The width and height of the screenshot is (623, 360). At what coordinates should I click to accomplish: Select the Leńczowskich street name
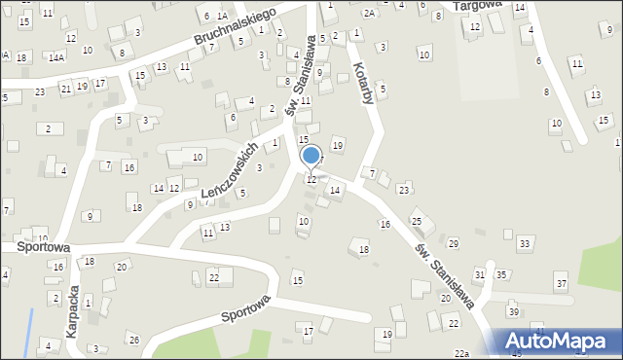pos(230,171)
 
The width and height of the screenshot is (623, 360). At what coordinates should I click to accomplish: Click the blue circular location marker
pos(311,156)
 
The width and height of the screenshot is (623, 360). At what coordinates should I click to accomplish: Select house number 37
pos(561,283)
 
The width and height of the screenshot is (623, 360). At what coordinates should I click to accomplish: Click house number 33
pos(525,242)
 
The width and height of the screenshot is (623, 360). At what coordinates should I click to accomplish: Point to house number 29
pos(453,243)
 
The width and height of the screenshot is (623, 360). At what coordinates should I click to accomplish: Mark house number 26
pos(134,340)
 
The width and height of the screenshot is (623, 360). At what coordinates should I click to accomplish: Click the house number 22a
pos(461,353)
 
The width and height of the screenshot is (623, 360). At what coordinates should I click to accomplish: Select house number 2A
pos(369,14)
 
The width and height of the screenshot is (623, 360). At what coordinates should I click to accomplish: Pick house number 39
pos(513,311)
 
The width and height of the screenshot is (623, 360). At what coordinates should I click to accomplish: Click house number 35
pos(501,275)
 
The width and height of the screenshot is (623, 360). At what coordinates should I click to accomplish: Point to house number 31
pos(479,275)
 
